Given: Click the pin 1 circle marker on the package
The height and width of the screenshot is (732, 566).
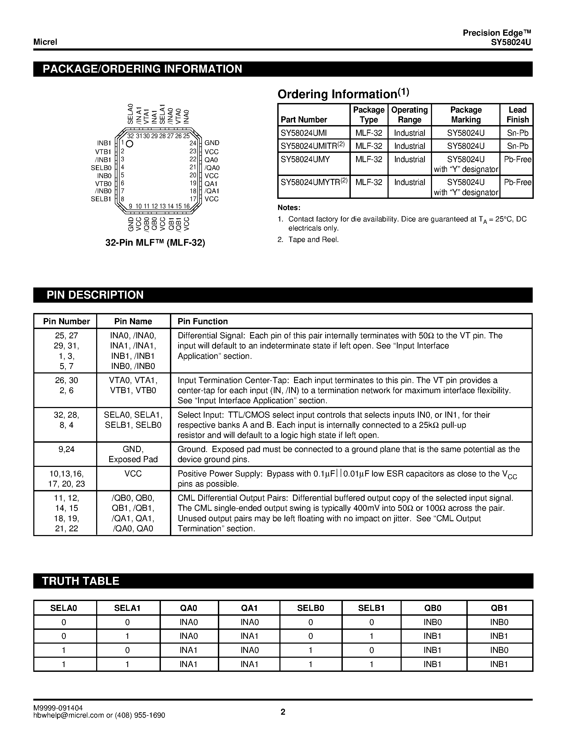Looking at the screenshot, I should pos(130,144).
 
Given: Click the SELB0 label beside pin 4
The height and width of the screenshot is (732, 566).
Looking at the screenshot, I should pos(101,168).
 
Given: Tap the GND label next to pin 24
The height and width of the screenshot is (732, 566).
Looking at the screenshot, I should pos(212,143).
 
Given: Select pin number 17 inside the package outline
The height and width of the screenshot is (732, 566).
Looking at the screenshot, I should pos(193,199).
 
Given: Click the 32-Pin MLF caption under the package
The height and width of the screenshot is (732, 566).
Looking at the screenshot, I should pos(155,243).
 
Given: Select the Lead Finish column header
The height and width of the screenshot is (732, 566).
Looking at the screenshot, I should pos(517,115).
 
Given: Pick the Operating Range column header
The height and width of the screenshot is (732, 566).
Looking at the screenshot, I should pos(409,115).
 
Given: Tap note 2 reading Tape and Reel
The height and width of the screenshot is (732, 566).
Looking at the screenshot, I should pos(313,240).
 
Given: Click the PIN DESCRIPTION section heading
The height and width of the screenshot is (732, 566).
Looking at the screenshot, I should pos(95,295).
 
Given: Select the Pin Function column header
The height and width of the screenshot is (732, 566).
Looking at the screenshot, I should pos(202,322).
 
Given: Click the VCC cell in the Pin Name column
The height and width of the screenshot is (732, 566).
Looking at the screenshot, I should pos(133,474).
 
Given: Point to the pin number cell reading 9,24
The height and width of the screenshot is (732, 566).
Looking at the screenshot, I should pos(66,450).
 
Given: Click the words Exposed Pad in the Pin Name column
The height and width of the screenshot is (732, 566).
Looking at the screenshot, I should pos(133,459).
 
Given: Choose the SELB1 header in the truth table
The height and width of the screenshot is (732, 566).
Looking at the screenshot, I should pos(371,608).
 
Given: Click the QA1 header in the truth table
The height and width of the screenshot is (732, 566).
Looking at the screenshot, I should pos(249,608).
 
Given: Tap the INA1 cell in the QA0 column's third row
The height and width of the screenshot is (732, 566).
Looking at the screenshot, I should pos(189,650).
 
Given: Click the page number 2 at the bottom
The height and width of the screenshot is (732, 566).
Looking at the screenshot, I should pos(283,712).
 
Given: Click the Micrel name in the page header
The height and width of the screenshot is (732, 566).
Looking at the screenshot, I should pos(45,42).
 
